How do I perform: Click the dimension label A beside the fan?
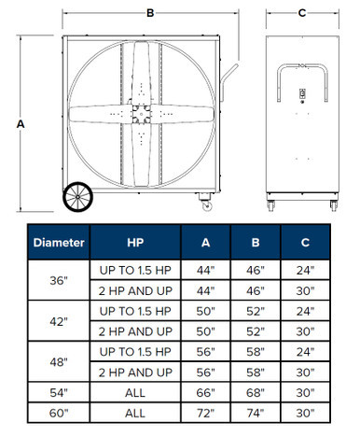21,124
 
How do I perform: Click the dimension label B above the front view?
150,13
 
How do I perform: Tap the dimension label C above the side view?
302,13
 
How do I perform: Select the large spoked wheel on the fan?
77,197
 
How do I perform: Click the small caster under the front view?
206,202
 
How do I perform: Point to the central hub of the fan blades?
142,114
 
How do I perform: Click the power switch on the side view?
302,93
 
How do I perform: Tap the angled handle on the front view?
228,82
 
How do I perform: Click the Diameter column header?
59,243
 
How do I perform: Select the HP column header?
135,243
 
